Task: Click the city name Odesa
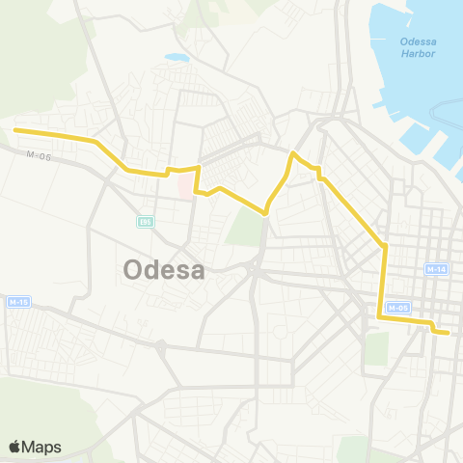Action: pyautogui.click(x=164, y=270)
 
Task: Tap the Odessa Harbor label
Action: pyautogui.click(x=418, y=46)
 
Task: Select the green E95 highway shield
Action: pyautogui.click(x=145, y=222)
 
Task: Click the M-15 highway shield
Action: pyautogui.click(x=18, y=302)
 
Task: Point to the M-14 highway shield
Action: pyautogui.click(x=437, y=268)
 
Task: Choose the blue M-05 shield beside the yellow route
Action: pyautogui.click(x=399, y=308)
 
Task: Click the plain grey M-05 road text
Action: pyautogui.click(x=38, y=154)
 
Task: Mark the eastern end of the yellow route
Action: pyautogui.click(x=449, y=333)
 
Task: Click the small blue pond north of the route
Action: pyautogui.click(x=177, y=58)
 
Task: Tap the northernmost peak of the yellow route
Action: pyautogui.click(x=293, y=153)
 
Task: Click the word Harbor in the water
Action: pyautogui.click(x=419, y=53)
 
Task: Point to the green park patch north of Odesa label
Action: pyautogui.click(x=247, y=227)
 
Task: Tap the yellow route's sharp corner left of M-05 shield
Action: pyautogui.click(x=378, y=315)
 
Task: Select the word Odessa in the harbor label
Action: pyautogui.click(x=418, y=40)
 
